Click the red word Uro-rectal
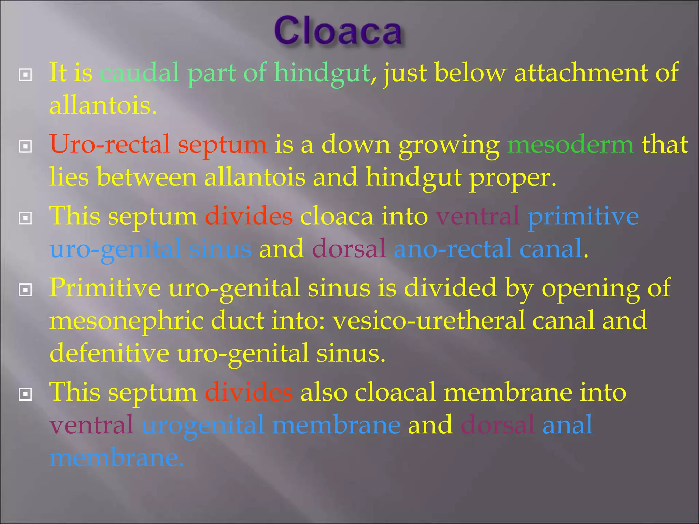[110, 145]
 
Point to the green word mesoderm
[570, 145]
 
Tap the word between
[147, 177]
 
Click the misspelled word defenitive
[109, 353]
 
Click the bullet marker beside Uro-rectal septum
[26, 147]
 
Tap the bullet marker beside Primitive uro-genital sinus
[26, 290]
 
